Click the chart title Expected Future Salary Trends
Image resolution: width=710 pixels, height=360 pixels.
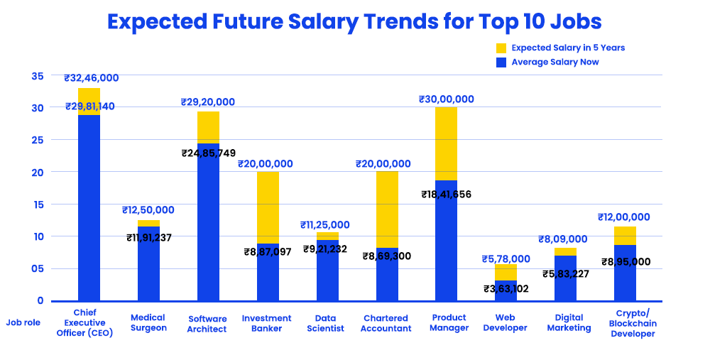354,21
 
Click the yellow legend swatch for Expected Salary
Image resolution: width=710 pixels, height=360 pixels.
501,48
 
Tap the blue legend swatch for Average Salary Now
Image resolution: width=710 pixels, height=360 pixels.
501,62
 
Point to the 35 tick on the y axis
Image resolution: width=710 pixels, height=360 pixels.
37,76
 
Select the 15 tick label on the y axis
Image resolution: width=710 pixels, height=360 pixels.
37,204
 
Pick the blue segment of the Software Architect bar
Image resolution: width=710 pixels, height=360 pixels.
208,227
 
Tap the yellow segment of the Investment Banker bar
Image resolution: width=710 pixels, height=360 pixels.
268,207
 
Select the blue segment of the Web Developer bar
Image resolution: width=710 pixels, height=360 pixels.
506,293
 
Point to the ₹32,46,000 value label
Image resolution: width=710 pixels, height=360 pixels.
91,78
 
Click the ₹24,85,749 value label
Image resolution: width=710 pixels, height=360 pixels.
208,153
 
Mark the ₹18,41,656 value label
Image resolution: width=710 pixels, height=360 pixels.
446,194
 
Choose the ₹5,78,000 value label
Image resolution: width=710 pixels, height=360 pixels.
506,258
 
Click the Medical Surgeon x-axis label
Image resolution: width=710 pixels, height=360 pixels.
148,323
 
